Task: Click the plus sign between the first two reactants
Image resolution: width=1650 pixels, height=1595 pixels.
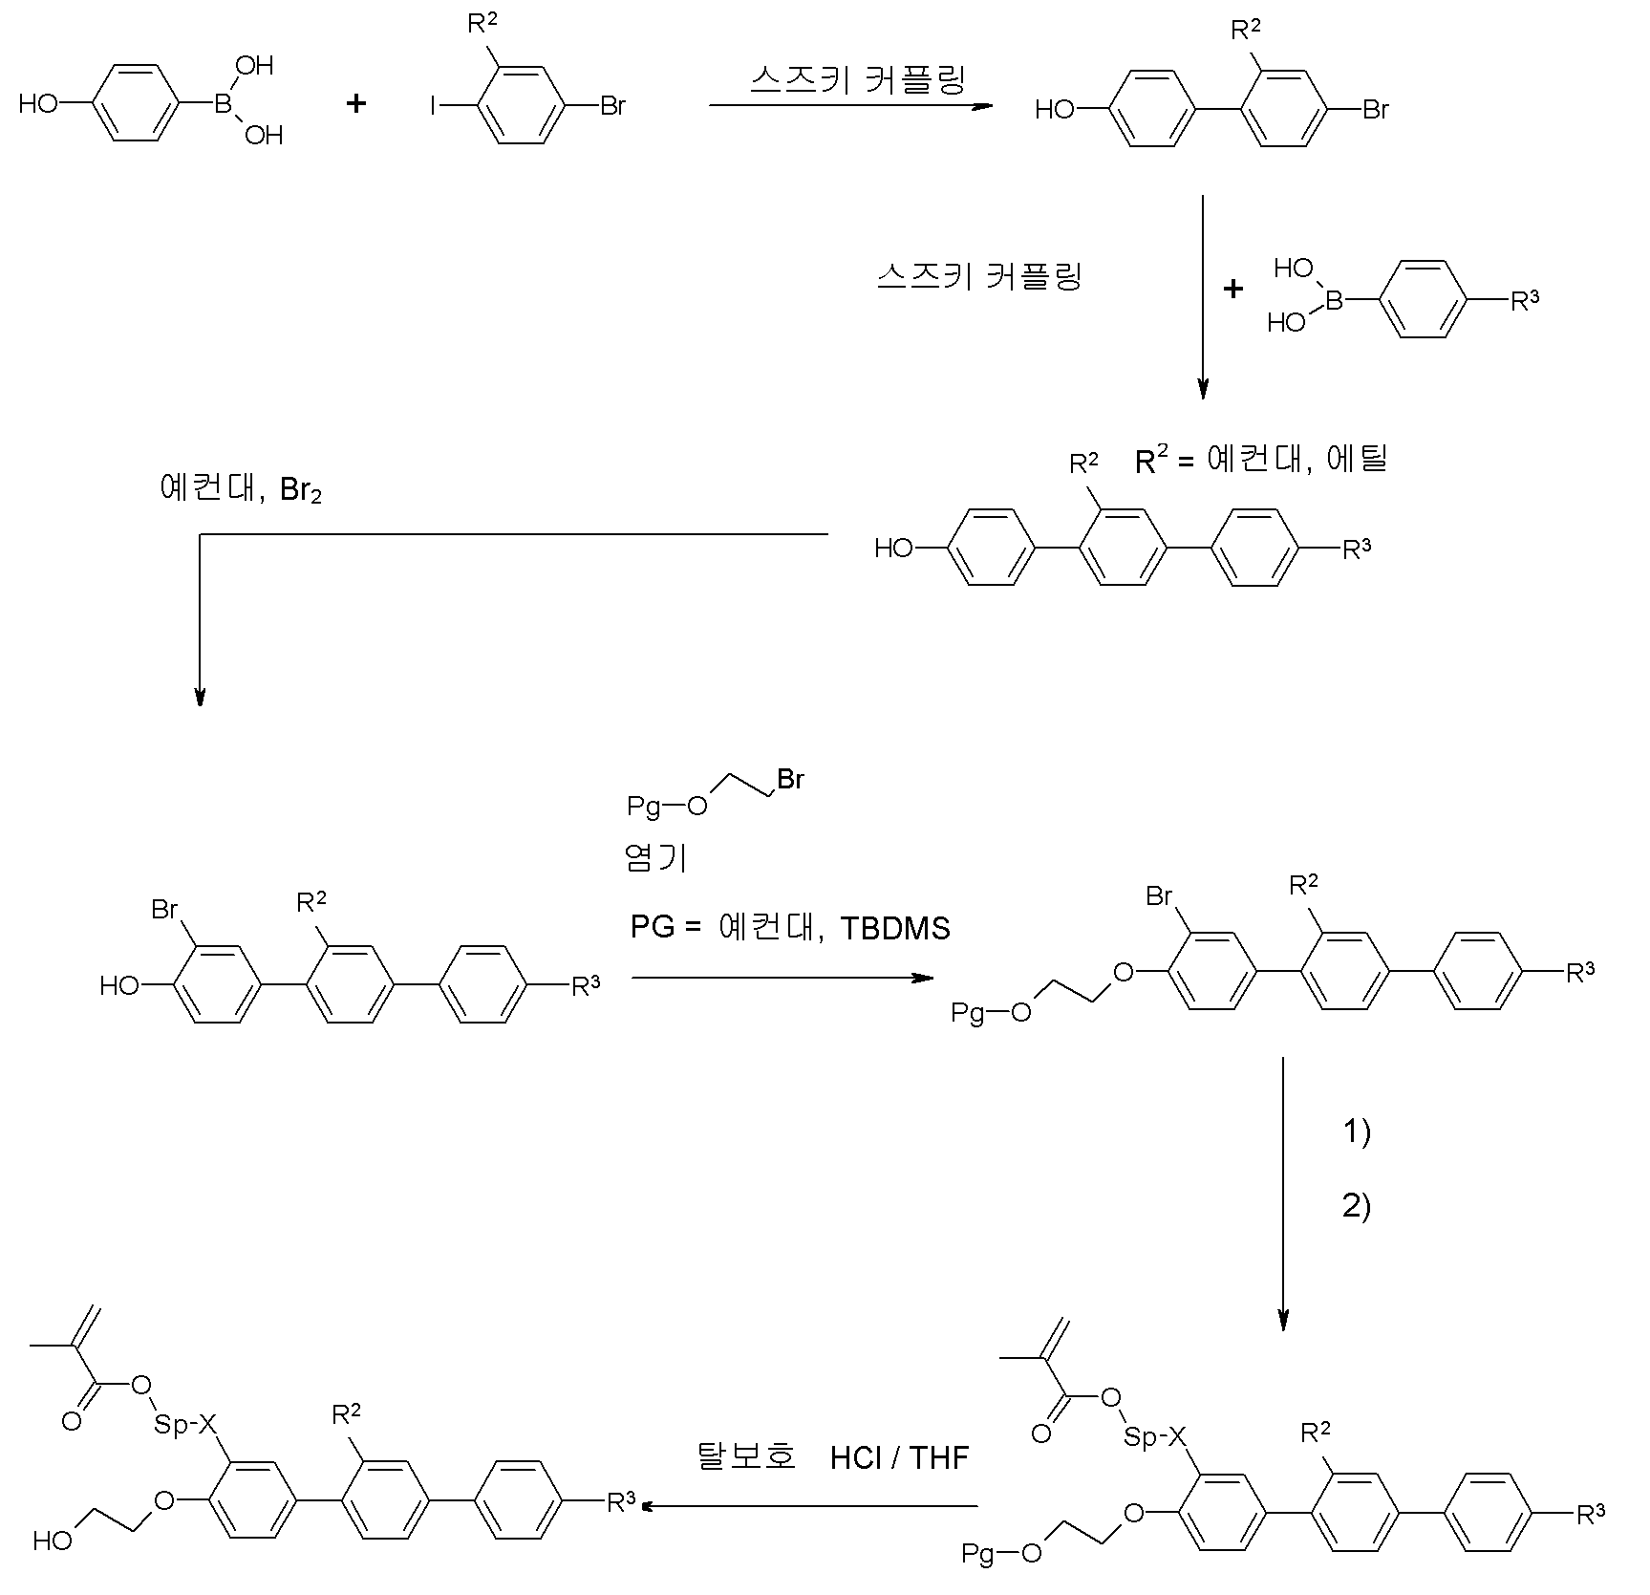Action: (355, 104)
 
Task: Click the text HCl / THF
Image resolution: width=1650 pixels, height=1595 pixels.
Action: (899, 1457)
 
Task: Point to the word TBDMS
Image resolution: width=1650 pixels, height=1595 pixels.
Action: (895, 928)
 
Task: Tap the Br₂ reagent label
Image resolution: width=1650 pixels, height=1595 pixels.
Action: (301, 491)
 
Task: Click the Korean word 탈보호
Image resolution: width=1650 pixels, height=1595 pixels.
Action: (745, 1456)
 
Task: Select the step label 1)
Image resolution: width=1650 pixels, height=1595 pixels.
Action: (1357, 1132)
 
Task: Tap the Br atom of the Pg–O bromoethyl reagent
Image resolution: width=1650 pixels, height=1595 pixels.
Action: (790, 780)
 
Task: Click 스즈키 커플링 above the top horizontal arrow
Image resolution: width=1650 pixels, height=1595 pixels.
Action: (857, 79)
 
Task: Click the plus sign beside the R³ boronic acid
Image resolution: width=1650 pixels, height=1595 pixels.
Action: (1233, 288)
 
